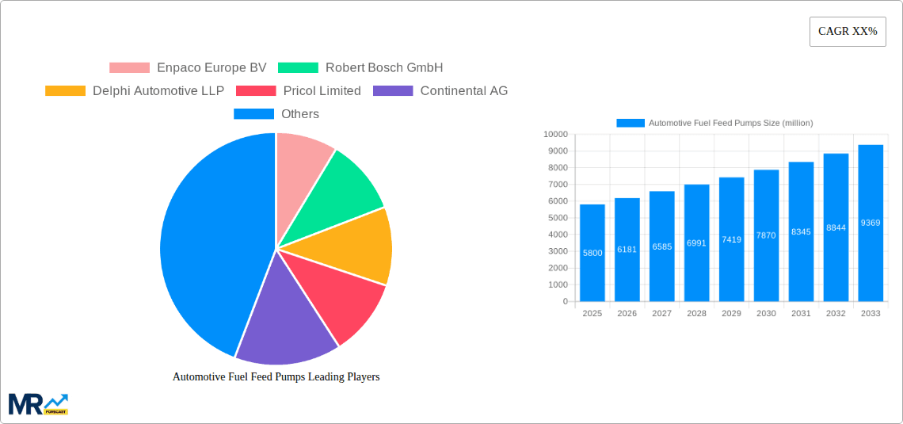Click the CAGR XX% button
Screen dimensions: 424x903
pos(848,32)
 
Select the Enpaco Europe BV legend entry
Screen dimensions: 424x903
pos(189,67)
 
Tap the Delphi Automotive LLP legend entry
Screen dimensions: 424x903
pos(135,90)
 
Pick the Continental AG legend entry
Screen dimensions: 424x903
pos(440,90)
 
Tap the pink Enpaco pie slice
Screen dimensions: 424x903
pos(301,159)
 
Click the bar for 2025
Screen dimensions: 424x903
pos(592,254)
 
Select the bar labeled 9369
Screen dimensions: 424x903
pos(871,223)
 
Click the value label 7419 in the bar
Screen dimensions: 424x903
pos(731,239)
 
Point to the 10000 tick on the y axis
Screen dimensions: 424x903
pos(555,135)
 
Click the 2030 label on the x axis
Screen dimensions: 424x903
pos(766,314)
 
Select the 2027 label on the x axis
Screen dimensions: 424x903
pos(661,314)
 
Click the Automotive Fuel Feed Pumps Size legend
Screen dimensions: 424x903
pos(714,123)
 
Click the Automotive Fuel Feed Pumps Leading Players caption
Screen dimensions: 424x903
pos(276,377)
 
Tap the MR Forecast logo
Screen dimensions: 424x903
pos(38,403)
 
